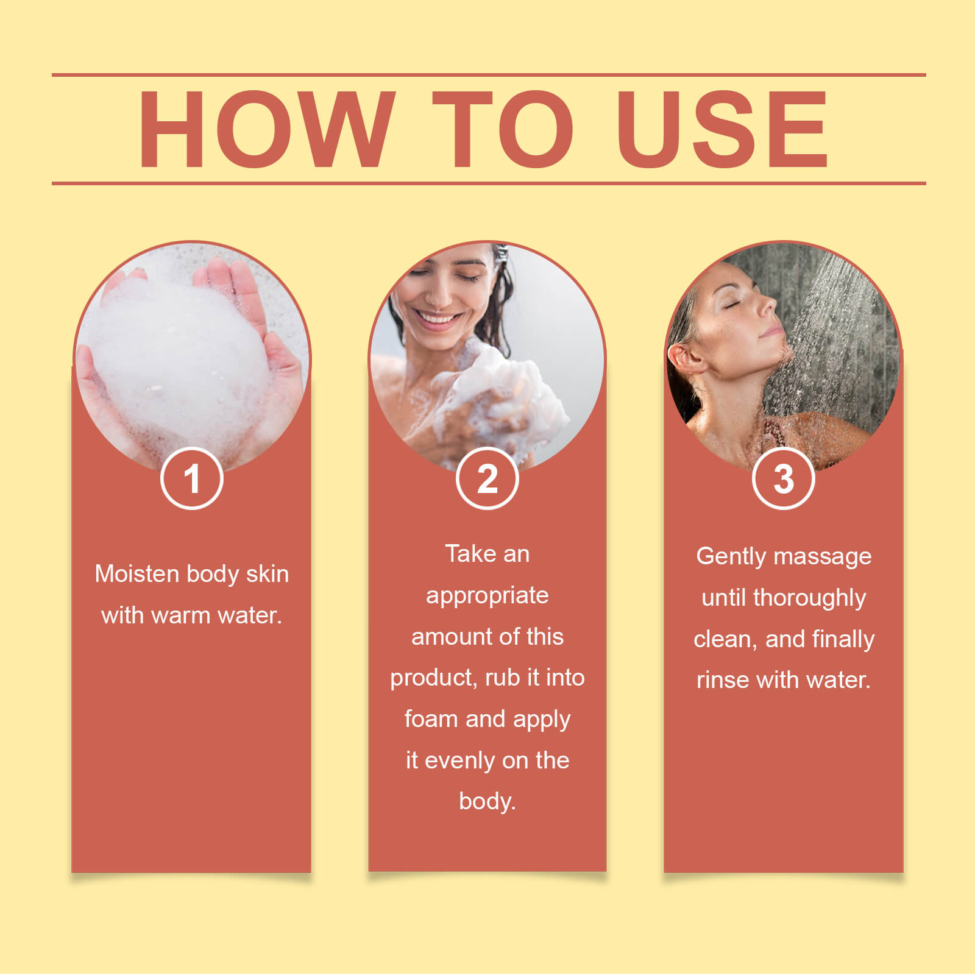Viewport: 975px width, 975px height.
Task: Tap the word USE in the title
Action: coord(723,129)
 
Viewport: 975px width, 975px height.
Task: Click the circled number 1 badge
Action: coord(192,478)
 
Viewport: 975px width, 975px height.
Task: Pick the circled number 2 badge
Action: coord(487,478)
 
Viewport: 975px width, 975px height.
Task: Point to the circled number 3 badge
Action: coord(784,478)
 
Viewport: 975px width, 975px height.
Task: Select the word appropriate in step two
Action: coord(487,596)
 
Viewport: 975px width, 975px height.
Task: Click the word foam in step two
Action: coord(431,719)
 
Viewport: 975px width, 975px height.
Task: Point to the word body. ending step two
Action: coord(487,801)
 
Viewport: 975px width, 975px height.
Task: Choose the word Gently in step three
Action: coord(731,557)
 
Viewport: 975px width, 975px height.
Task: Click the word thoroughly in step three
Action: coord(809,598)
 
